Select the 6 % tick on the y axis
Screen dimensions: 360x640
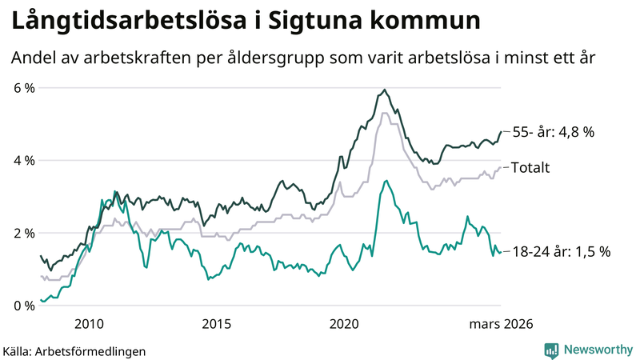tap(23, 88)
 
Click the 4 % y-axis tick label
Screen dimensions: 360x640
tap(23, 161)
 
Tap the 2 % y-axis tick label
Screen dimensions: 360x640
tap(23, 234)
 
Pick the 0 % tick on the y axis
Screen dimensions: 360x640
tap(23, 306)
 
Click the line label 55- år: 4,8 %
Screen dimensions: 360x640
tap(553, 132)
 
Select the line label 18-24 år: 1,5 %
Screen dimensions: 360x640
tap(561, 251)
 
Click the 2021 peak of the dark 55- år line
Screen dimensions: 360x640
tap(385, 90)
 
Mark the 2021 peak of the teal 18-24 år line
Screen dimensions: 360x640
tap(386, 181)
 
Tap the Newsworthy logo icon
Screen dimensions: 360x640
tap(551, 350)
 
